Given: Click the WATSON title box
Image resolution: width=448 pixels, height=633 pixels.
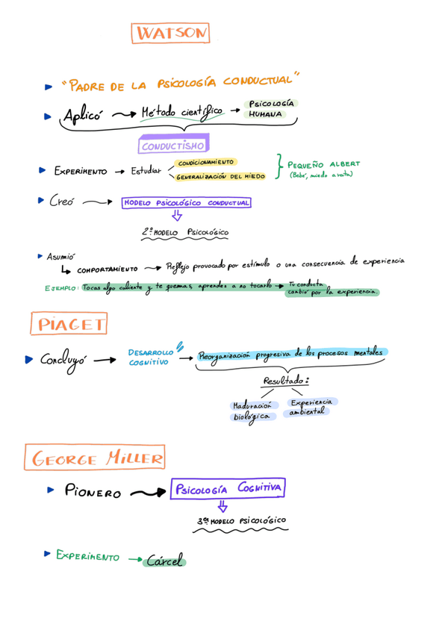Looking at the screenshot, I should click(170, 33).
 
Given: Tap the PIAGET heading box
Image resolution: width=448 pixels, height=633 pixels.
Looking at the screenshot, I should click(69, 324).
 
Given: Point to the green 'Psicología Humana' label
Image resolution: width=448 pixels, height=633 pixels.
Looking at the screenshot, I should click(266, 109).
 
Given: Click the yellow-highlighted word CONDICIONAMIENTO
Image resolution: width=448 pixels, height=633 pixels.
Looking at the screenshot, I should click(205, 162).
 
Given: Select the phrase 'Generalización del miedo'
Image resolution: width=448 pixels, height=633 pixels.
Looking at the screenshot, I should click(220, 178).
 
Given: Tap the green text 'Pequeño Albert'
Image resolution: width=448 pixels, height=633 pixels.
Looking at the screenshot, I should click(323, 163).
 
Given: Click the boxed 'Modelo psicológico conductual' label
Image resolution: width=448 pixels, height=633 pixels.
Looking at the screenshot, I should click(186, 202).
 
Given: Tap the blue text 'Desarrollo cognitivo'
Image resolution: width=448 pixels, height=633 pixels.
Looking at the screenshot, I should click(149, 356).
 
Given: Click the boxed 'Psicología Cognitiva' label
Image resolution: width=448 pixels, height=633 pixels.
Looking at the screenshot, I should click(228, 489).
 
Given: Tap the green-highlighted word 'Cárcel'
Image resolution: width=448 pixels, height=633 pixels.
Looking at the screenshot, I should click(165, 560).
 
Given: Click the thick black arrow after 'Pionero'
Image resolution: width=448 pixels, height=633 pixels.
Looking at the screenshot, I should click(147, 493).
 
